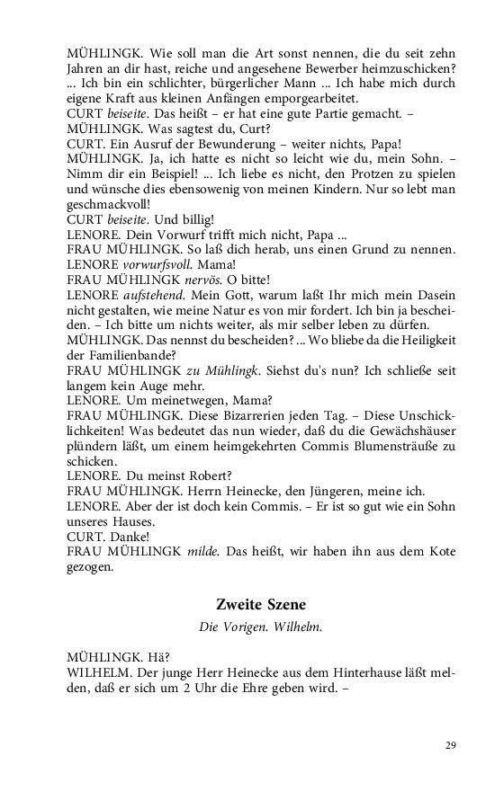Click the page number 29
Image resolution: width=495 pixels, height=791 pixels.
[451, 745]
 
